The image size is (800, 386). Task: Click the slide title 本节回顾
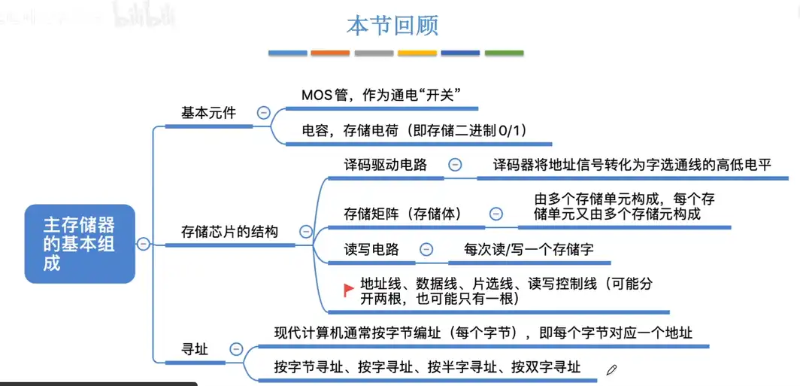pyautogui.click(x=392, y=26)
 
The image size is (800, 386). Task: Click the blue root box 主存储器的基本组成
pyautogui.click(x=80, y=244)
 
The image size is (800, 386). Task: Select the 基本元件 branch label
pyautogui.click(x=208, y=113)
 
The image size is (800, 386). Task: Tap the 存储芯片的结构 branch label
pyautogui.click(x=229, y=232)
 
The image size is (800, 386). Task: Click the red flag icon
pyautogui.click(x=349, y=290)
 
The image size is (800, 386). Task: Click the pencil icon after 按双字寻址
pyautogui.click(x=611, y=369)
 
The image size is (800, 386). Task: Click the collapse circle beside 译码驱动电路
pyautogui.click(x=455, y=165)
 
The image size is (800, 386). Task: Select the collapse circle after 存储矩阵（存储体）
pyautogui.click(x=495, y=214)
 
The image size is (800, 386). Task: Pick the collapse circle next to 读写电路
pyautogui.click(x=426, y=249)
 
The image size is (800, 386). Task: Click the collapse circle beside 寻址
pyautogui.click(x=236, y=349)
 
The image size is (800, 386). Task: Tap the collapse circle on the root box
pyautogui.click(x=143, y=243)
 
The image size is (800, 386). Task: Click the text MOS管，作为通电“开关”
pyautogui.click(x=380, y=95)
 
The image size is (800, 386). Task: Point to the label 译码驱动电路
pyautogui.click(x=385, y=165)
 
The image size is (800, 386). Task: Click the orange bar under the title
pyautogui.click(x=330, y=53)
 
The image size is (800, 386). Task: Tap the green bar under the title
pyautogui.click(x=504, y=53)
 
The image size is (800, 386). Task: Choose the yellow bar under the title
pyautogui.click(x=417, y=53)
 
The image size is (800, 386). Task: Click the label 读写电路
pyautogui.click(x=371, y=249)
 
